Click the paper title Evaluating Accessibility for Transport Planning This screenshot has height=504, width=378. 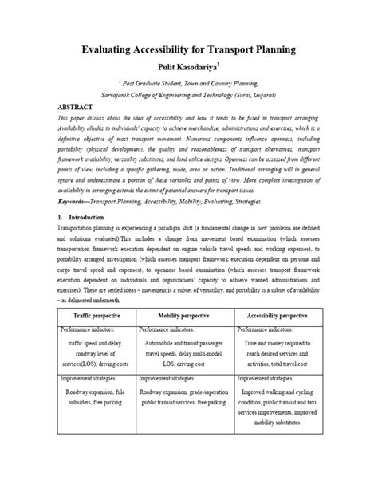click(189, 49)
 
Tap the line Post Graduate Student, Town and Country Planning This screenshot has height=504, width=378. click(189, 82)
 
